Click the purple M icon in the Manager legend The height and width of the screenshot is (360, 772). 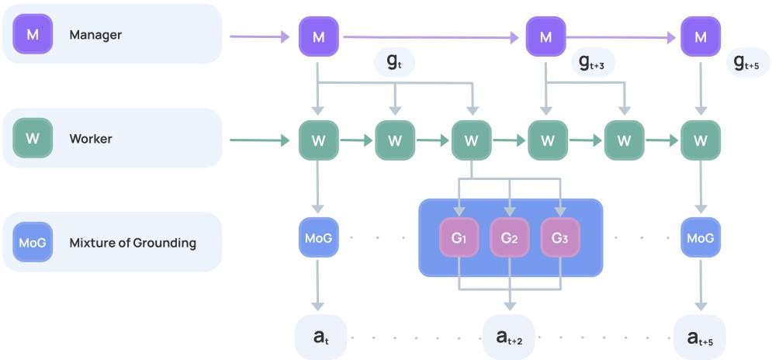[x=33, y=34]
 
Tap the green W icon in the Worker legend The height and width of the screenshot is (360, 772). [x=33, y=139]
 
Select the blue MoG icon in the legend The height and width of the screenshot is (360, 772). [x=33, y=242]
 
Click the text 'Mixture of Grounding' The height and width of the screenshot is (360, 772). [x=133, y=243]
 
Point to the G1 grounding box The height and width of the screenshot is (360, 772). [x=459, y=238]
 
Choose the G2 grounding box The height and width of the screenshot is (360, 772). [x=510, y=238]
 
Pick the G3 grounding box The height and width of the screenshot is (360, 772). [x=560, y=238]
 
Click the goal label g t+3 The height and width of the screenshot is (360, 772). [x=591, y=63]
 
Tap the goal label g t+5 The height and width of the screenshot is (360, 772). [x=746, y=63]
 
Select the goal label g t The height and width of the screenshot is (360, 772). [x=394, y=63]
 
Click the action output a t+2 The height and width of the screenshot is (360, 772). [x=509, y=337]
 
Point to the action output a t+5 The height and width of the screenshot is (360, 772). [x=701, y=337]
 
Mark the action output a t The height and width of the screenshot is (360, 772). [x=319, y=337]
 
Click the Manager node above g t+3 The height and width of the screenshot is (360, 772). [x=546, y=36]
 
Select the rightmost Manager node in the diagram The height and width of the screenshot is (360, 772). [x=701, y=36]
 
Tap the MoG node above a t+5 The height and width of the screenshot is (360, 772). [x=701, y=237]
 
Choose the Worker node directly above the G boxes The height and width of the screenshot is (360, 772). [x=471, y=140]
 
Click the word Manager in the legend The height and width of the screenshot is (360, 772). [x=95, y=35]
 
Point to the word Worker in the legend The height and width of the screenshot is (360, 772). [x=91, y=139]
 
